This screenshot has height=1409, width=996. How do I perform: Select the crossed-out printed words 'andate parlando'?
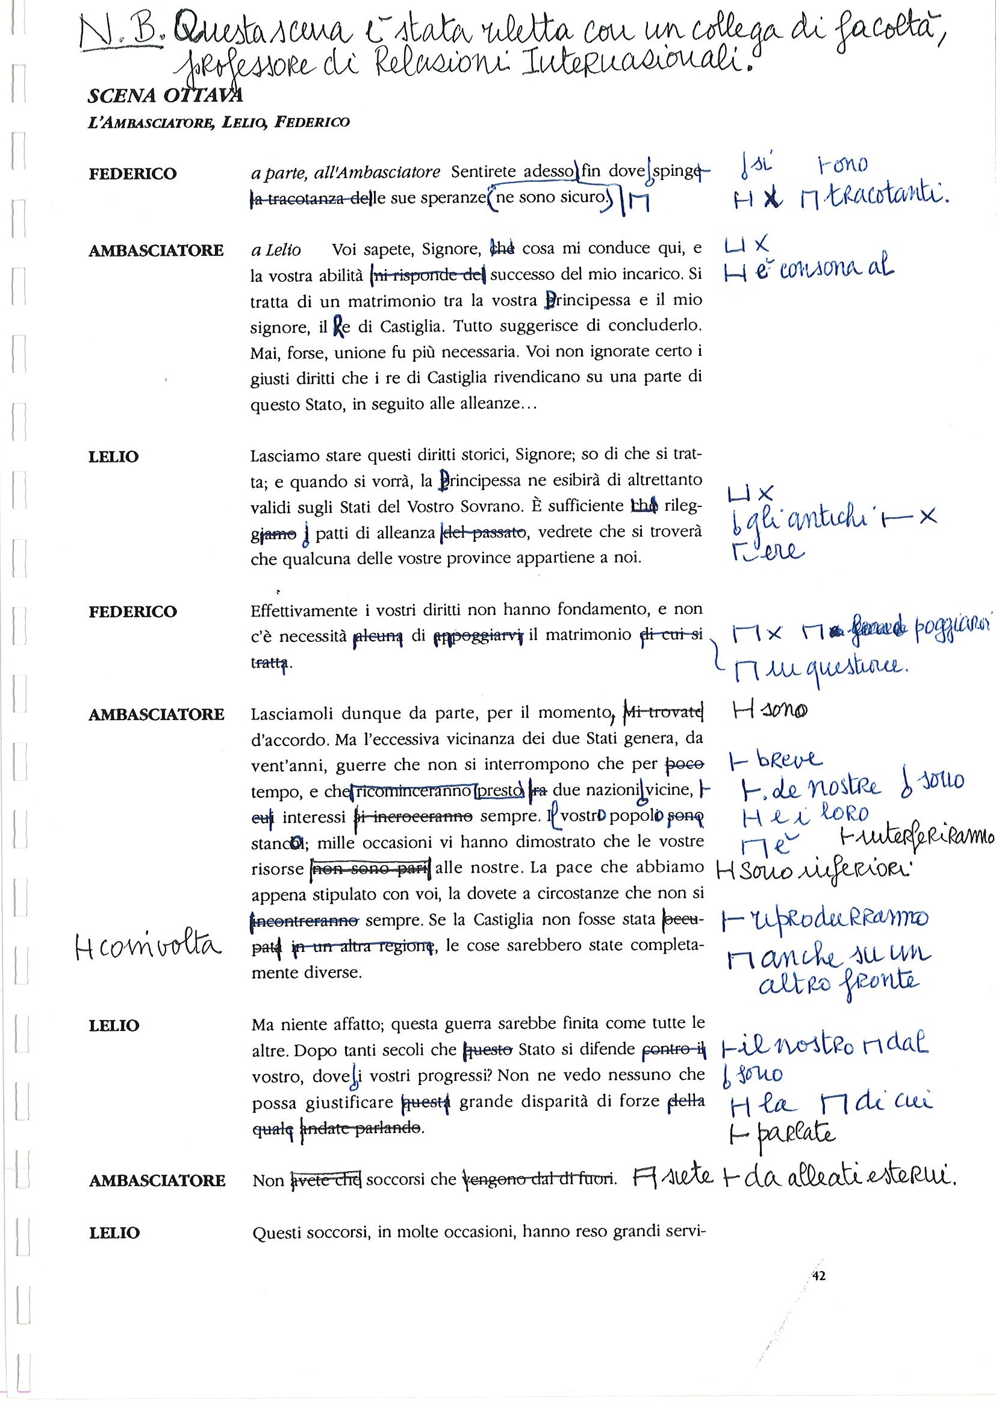tap(361, 1128)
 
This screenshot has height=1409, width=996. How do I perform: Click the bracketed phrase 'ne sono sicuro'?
tap(551, 198)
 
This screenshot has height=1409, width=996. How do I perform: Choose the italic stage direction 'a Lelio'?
tap(276, 250)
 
